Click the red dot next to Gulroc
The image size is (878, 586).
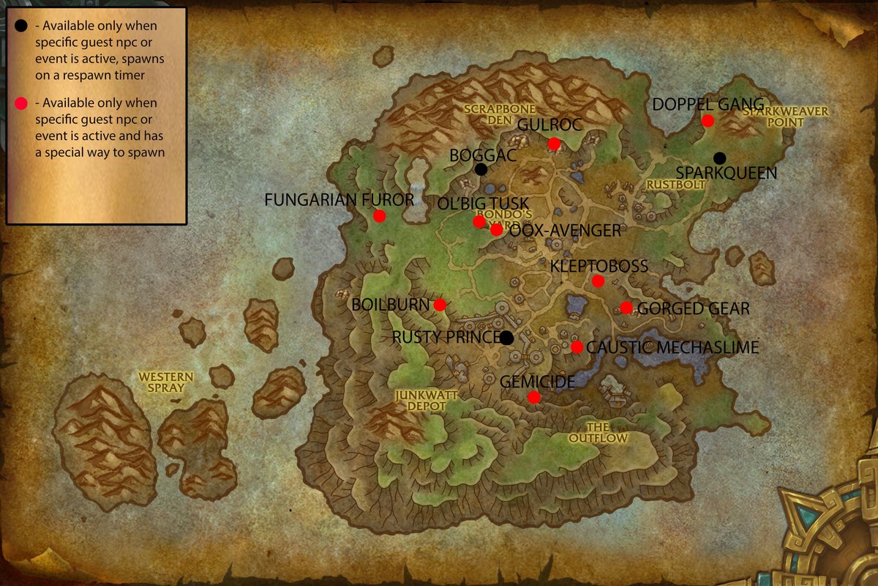554,144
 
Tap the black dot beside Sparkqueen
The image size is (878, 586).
720,158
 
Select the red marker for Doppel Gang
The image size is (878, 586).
708,121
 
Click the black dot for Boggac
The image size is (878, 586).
481,169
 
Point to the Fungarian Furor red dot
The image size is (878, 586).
379,215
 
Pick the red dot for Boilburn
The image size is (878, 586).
440,305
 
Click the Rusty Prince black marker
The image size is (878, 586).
506,338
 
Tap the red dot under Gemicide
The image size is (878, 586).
534,397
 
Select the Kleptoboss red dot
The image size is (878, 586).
598,281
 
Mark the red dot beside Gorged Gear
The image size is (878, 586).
626,308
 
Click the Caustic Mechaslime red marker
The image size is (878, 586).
577,347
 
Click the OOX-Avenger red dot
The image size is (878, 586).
496,229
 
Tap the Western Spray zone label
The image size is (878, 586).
166,382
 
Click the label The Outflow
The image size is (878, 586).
599,432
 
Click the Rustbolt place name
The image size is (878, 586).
675,185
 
